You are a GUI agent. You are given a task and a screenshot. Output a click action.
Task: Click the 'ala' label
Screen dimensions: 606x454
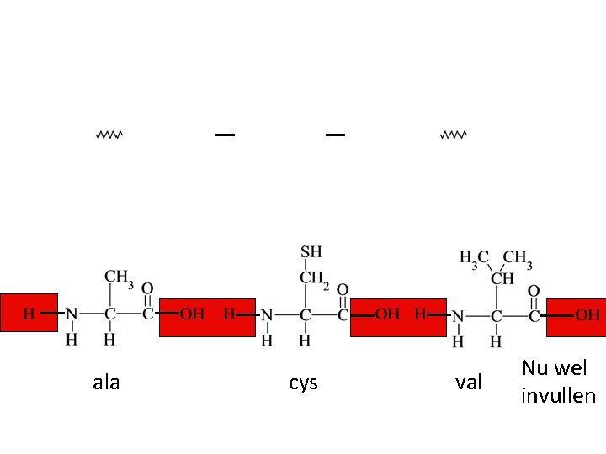(106, 383)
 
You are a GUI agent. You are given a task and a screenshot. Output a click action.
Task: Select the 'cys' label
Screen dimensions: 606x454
(303, 383)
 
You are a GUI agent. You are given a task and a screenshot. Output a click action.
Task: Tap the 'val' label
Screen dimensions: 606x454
(469, 383)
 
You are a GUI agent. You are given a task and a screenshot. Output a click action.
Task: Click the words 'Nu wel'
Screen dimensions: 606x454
(554, 367)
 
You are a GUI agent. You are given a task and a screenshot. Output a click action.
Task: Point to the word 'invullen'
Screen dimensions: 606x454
(558, 396)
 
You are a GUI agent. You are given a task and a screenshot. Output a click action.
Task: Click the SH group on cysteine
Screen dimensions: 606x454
(311, 252)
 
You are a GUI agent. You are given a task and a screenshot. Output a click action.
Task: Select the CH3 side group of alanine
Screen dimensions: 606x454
(119, 277)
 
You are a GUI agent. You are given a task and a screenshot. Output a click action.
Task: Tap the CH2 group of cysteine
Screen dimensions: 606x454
(315, 279)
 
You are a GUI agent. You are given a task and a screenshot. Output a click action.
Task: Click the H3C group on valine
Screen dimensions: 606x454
(474, 258)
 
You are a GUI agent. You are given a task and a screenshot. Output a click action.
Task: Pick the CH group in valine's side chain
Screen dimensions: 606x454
(502, 278)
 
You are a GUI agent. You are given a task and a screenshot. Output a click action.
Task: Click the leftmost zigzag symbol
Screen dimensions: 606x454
(109, 135)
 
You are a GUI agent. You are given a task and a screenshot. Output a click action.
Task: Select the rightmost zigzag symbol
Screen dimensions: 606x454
(454, 135)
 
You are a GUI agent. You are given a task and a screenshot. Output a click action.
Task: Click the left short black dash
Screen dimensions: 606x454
(225, 135)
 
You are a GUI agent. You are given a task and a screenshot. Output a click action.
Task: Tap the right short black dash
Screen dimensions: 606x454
(335, 135)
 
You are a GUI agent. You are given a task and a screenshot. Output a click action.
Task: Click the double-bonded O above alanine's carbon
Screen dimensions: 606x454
(147, 288)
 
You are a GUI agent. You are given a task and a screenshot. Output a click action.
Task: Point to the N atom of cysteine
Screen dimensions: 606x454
(267, 315)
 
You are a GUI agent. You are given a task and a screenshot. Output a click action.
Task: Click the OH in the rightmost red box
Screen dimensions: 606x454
(587, 315)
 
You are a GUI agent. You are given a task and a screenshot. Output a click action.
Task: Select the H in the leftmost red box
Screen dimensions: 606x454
(29, 314)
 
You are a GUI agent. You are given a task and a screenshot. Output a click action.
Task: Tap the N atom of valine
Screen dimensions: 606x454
(458, 317)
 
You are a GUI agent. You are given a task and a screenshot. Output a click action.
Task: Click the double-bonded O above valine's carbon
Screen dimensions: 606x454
(534, 291)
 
